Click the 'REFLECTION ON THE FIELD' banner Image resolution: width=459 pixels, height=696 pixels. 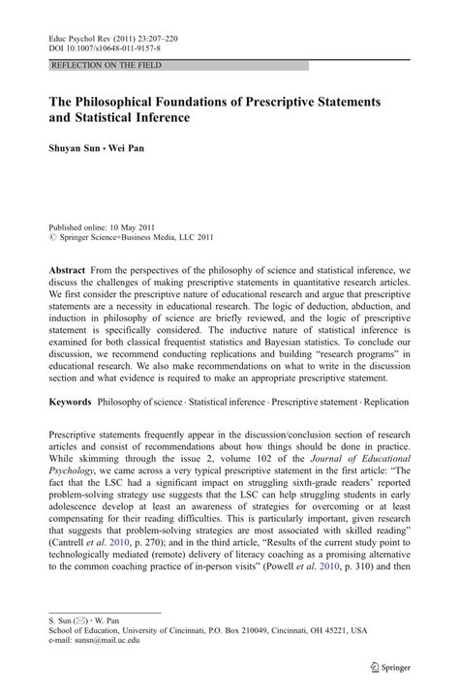[x=107, y=65]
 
